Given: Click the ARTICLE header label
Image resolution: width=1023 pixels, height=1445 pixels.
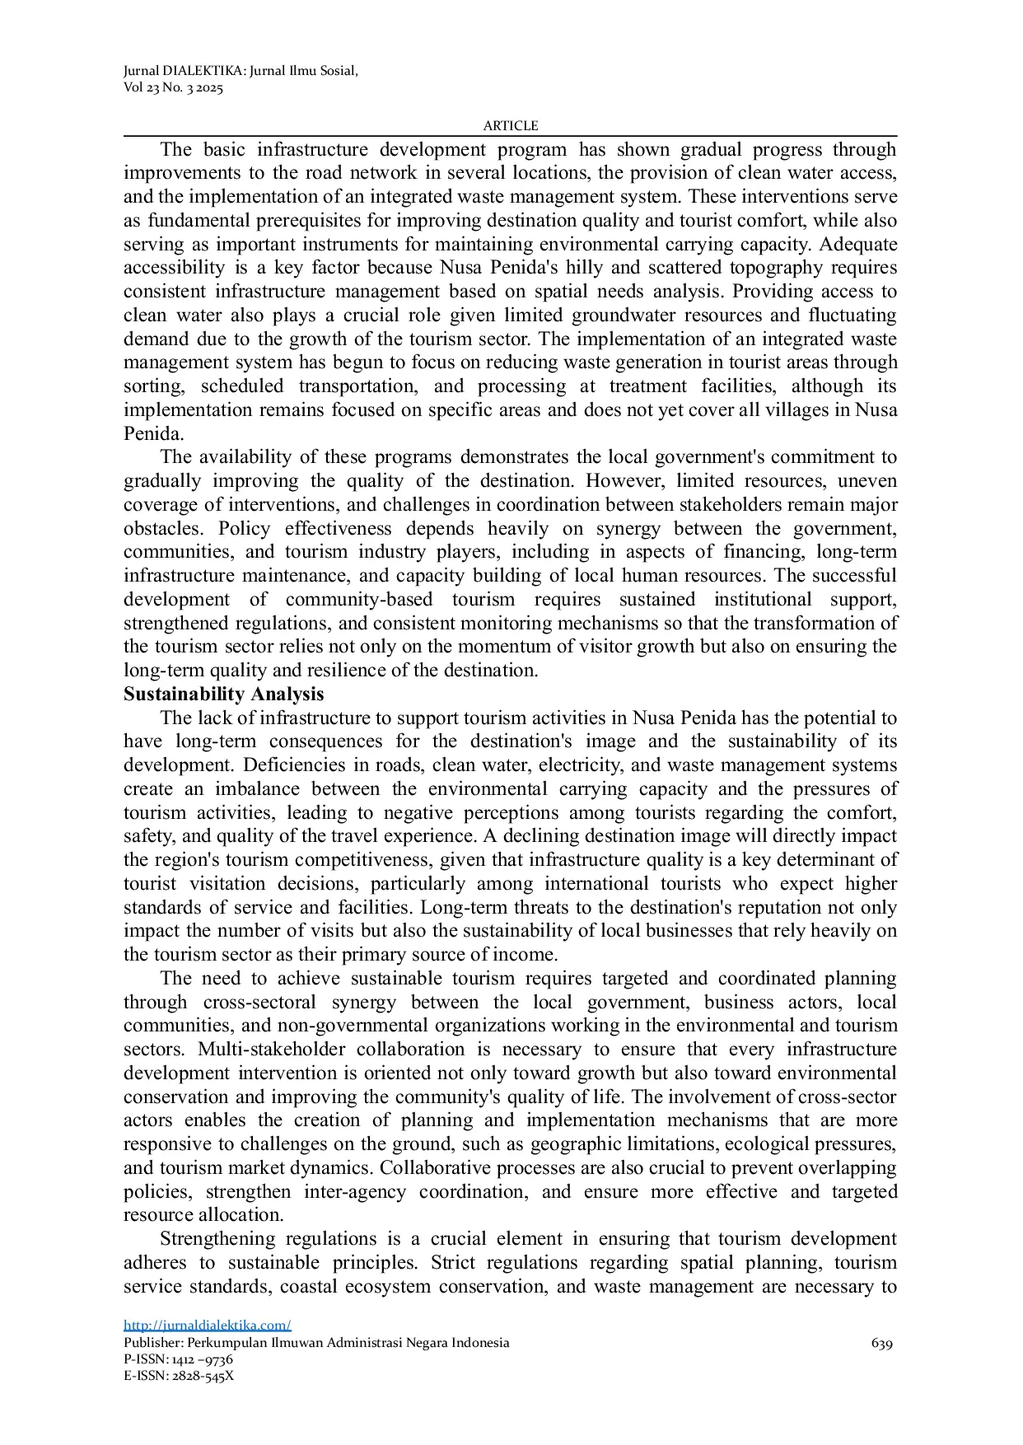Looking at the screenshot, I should [x=510, y=125].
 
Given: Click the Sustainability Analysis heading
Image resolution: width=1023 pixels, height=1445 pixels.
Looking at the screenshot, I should [x=223, y=694].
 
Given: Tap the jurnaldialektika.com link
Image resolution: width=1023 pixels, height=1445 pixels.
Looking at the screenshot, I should [x=208, y=1325].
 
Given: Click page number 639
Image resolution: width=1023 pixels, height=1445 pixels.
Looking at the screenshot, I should [x=881, y=1344].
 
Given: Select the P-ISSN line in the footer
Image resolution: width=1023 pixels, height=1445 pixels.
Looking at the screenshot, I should [x=178, y=1359].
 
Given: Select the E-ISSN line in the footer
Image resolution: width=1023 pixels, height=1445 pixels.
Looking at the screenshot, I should [x=178, y=1376].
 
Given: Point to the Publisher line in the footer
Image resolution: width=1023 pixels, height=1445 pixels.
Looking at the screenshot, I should [x=316, y=1343].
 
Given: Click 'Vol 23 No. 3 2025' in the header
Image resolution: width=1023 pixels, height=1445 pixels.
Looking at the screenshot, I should [x=173, y=88].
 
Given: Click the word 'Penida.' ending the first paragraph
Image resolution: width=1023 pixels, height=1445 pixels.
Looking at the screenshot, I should [x=153, y=433].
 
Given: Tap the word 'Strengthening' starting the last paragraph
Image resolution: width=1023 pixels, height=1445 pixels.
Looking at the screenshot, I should [x=217, y=1239].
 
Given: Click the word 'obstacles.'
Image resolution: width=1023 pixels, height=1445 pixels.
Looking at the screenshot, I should [x=163, y=528].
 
